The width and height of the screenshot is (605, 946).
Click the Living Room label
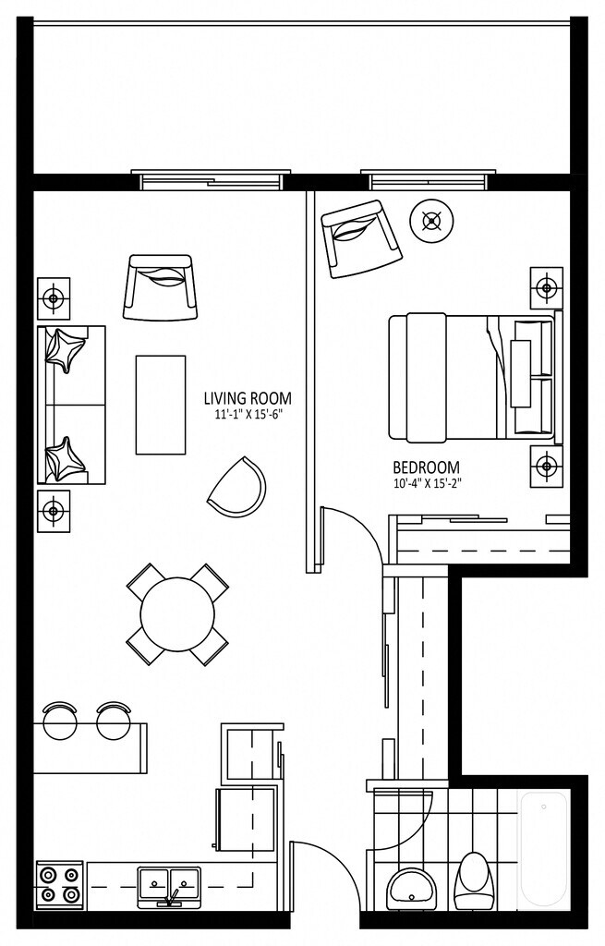point(248,399)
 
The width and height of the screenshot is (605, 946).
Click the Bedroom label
point(426,467)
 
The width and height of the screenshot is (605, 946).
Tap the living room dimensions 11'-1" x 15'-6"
point(248,416)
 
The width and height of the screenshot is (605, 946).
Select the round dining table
point(177,613)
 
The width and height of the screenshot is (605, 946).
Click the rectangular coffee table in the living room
point(161,405)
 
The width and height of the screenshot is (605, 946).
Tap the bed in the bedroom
point(471,377)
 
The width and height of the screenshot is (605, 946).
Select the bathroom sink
point(413,889)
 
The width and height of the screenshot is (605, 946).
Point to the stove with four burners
point(59,884)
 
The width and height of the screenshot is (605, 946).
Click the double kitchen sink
point(170,884)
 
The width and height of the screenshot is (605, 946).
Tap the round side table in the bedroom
point(431,221)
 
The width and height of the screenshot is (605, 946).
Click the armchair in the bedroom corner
point(360,237)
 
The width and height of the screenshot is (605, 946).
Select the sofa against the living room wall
point(70,405)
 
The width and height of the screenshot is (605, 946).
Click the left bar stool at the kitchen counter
point(60,720)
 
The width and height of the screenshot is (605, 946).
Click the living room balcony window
point(211,178)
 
